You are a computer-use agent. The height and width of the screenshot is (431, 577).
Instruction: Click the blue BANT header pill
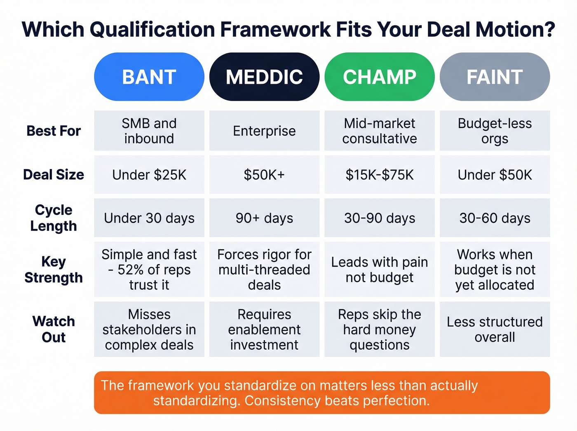pos(149,77)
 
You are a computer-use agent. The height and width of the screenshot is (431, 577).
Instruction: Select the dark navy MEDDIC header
pos(264,77)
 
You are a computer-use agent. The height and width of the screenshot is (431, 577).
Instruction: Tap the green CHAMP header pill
pos(380,77)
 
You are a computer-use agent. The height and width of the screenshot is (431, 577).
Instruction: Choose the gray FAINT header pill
pos(495,77)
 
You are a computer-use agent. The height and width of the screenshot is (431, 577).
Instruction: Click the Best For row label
pos(54,131)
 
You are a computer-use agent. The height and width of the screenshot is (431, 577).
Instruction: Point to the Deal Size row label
pos(54,174)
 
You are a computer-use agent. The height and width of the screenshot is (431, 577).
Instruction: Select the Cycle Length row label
pos(54,218)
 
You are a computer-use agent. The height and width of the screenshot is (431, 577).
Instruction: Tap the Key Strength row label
pos(54,269)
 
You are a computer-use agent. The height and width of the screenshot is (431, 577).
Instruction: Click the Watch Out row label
pos(54,329)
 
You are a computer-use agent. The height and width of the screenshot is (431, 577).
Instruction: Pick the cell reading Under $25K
pos(149,175)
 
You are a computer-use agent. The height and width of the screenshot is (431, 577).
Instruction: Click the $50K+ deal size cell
pos(264,175)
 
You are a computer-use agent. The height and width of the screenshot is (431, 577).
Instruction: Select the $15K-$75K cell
pos(380,175)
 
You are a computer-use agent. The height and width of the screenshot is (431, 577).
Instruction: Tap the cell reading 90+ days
pos(264,218)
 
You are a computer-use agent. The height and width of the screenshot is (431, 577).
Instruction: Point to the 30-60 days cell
pos(495,218)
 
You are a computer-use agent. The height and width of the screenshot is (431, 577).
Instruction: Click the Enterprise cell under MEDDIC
pos(264,131)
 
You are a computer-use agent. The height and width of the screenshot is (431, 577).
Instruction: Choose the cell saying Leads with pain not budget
pos(380,270)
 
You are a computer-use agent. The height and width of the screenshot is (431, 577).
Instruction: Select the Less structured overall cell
pos(495,330)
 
